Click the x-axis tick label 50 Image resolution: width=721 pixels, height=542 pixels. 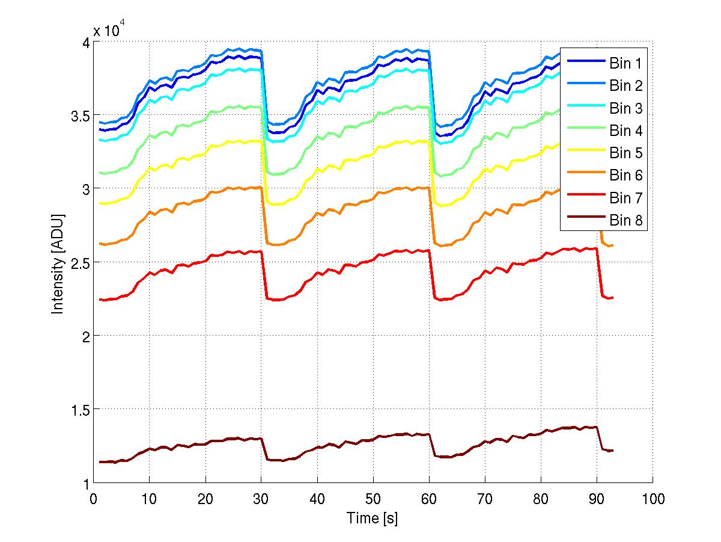pos(373,499)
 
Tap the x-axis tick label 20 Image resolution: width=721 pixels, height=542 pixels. pos(205,499)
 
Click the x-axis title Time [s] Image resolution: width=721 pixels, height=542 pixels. pos(373,517)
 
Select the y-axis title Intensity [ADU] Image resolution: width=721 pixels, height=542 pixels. pos(58,262)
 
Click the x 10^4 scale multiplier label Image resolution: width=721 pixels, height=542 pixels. pos(109,31)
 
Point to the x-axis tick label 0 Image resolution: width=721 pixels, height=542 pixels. pos(93,499)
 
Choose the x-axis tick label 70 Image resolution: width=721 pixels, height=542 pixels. pos(485,499)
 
